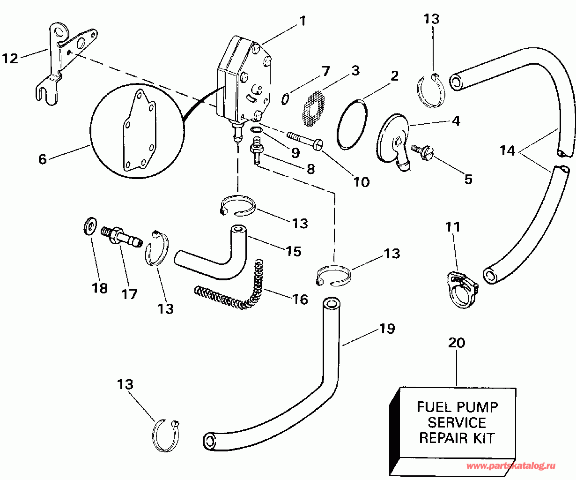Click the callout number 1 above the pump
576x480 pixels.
coord(303,21)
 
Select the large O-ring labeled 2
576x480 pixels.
coord(352,125)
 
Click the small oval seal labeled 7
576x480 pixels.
coord(286,99)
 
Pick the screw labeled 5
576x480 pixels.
coord(422,153)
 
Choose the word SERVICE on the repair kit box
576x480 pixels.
coord(457,423)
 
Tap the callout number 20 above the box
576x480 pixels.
coord(457,343)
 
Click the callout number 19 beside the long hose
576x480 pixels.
coord(387,329)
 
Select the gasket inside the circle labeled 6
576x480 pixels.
coord(139,131)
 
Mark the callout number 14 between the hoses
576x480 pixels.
coord(507,151)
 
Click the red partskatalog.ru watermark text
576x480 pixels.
coord(510,466)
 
